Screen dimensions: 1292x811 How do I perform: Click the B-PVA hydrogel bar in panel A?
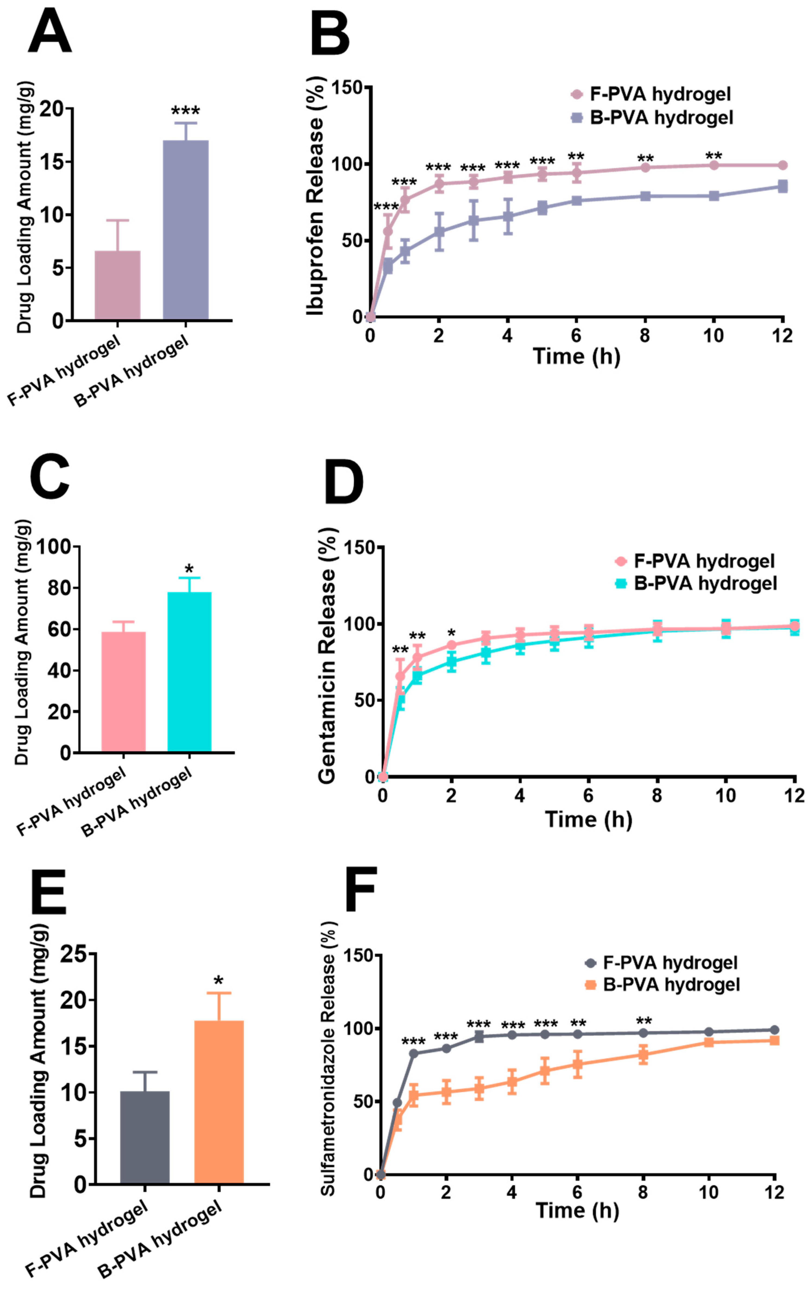[x=186, y=230]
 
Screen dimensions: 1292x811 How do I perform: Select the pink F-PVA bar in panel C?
[x=123, y=692]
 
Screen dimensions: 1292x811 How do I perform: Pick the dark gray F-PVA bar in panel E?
[x=145, y=1137]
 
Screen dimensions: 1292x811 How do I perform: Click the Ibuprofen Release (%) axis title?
[x=315, y=196]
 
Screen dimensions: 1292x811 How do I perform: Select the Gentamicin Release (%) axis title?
[x=327, y=655]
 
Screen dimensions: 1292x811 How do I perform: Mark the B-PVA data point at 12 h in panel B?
[x=782, y=186]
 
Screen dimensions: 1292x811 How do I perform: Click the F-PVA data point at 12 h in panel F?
[x=774, y=1030]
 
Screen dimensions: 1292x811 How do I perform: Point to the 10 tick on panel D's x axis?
[x=726, y=795]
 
